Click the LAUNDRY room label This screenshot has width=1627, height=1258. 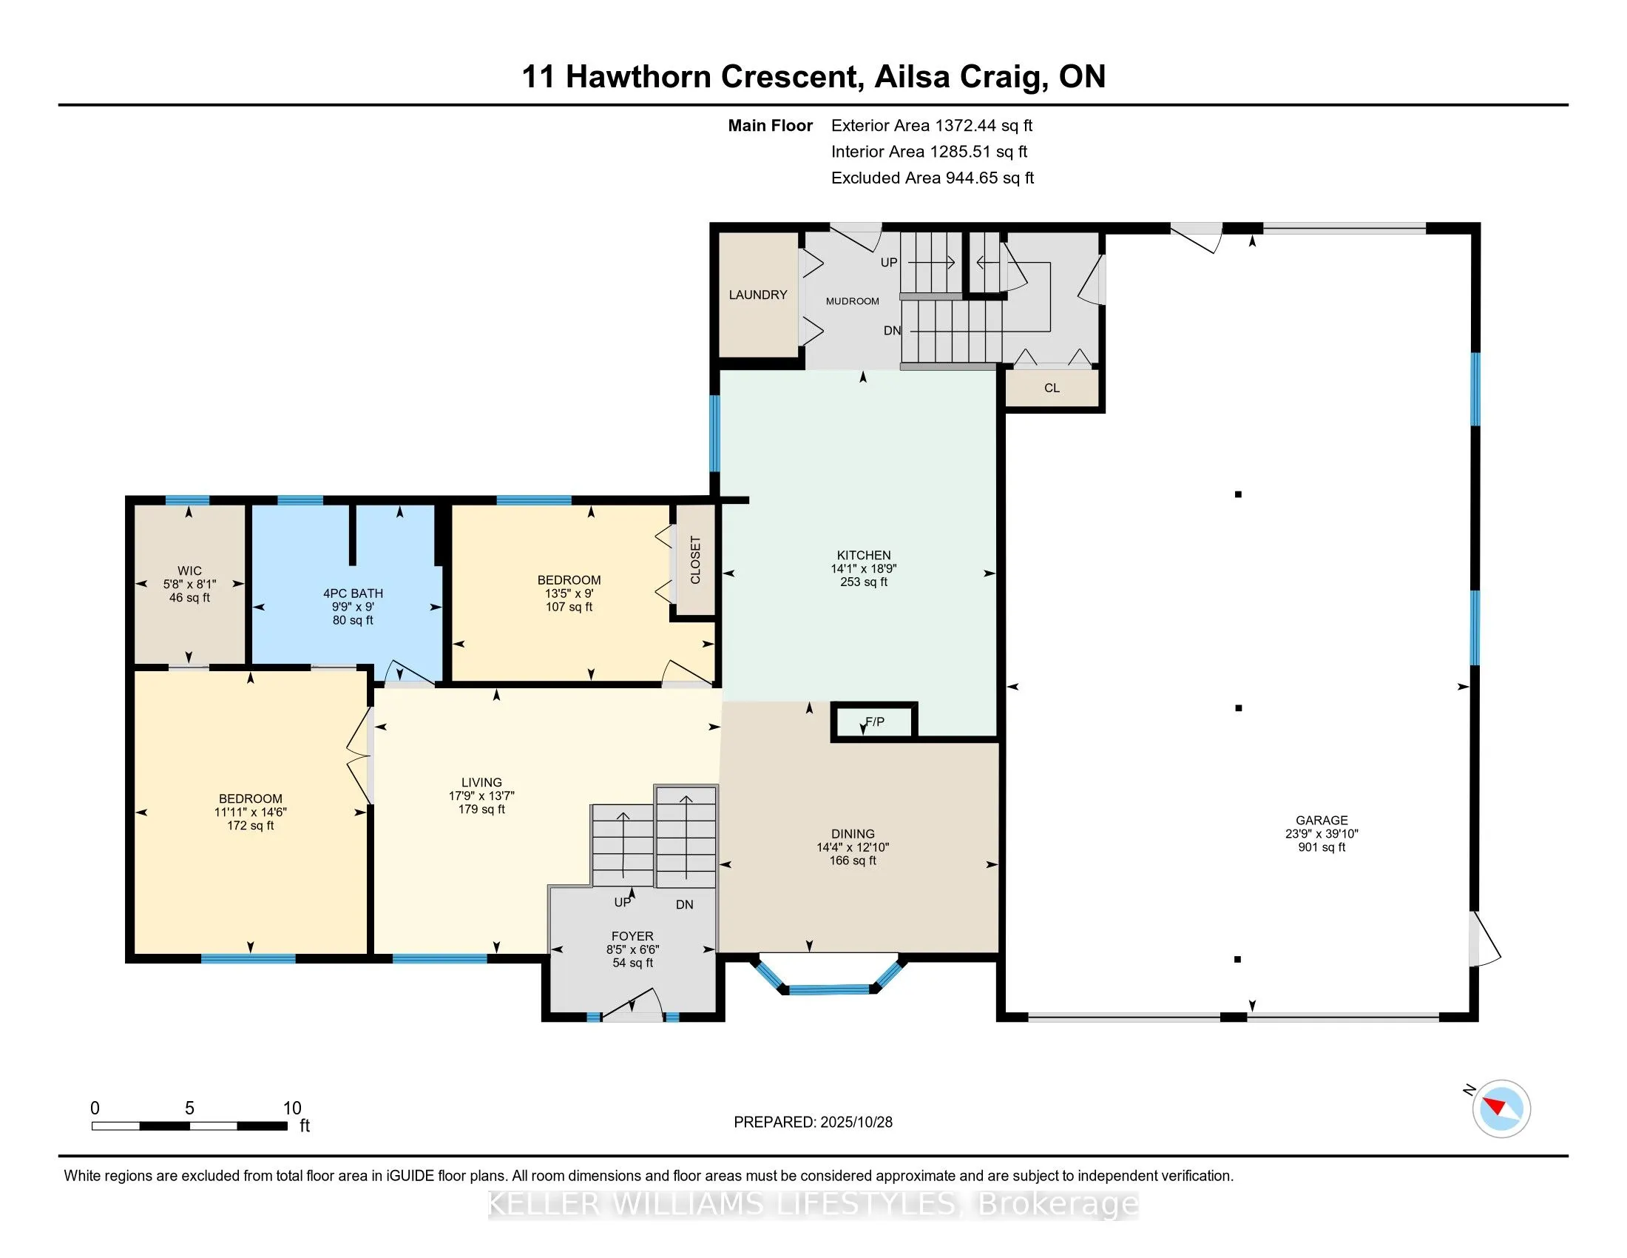(x=757, y=295)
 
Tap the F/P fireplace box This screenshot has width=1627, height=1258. (x=875, y=721)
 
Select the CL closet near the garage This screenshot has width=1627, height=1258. (x=1051, y=388)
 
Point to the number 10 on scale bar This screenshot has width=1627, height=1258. (x=292, y=1109)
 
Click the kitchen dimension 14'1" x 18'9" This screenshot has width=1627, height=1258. (x=863, y=568)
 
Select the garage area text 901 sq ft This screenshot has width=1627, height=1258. (x=1322, y=847)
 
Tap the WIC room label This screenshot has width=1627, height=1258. (x=189, y=571)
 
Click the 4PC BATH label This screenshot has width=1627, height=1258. (x=353, y=593)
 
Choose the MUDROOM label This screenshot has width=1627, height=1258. (x=852, y=301)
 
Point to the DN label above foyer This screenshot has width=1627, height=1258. (x=684, y=905)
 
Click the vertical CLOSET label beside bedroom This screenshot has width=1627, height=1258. (x=695, y=559)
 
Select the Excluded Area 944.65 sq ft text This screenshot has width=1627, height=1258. (x=932, y=178)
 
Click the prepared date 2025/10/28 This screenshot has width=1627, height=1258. (x=855, y=1123)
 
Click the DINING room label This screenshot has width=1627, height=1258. (x=853, y=834)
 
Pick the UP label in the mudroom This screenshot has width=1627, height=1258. (x=889, y=263)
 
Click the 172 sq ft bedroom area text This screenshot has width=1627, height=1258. (x=250, y=826)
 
